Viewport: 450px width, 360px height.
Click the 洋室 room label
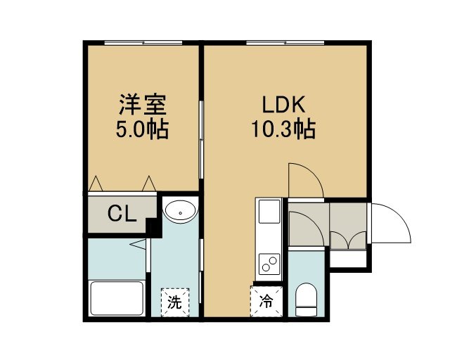(143, 105)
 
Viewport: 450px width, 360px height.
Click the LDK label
(283, 105)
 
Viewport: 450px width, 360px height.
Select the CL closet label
(122, 214)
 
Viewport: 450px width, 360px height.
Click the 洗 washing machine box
(175, 302)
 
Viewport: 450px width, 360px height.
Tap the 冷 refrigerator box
(266, 302)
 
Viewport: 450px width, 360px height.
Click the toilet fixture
(307, 300)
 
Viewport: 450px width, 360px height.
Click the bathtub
(117, 298)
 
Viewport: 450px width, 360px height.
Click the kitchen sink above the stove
(269, 212)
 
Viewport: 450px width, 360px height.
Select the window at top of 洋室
(143, 43)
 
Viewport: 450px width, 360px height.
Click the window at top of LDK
(285, 43)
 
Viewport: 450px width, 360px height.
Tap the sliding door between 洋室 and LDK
(202, 140)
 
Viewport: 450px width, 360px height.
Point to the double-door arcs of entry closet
(348, 240)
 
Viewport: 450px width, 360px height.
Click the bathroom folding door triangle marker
(139, 244)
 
